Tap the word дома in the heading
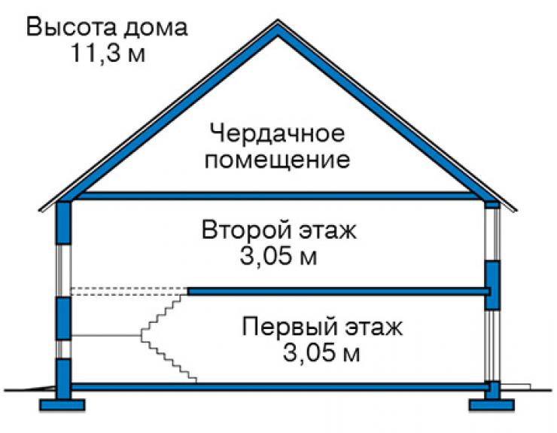click(156, 29)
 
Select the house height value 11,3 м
click(108, 53)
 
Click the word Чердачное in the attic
click(277, 134)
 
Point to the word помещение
click(277, 160)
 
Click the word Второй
click(247, 230)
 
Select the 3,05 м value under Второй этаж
click(278, 256)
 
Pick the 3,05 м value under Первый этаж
click(321, 352)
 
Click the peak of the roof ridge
click(278, 20)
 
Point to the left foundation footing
click(62, 404)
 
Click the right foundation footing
click(492, 404)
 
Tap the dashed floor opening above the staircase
click(129, 291)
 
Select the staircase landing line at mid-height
click(106, 335)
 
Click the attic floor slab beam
click(278, 196)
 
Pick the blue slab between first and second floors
click(339, 291)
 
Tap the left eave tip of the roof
click(40, 210)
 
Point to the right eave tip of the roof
click(516, 210)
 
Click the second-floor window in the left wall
click(64, 270)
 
